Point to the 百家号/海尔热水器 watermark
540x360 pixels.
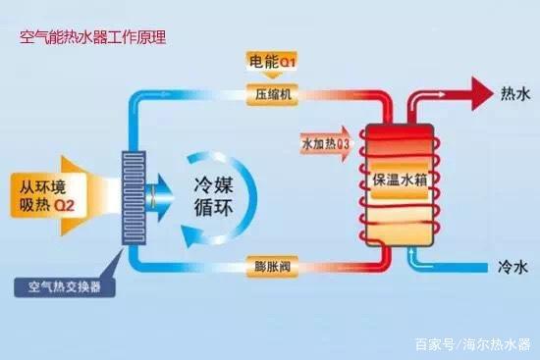472,344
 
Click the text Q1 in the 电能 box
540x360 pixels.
288,62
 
